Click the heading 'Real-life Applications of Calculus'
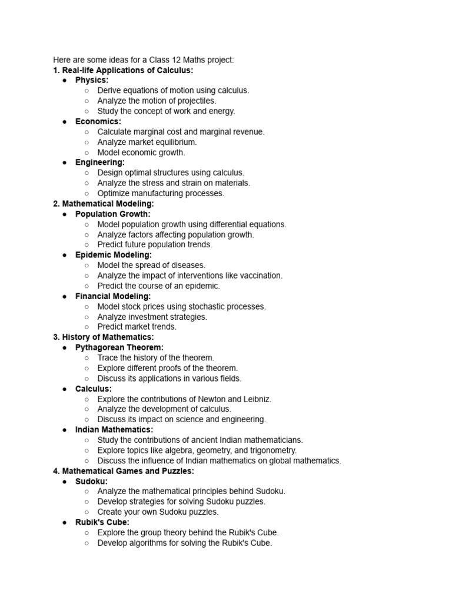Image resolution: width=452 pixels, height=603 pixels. (127, 70)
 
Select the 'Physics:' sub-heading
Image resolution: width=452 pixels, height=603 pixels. (92, 80)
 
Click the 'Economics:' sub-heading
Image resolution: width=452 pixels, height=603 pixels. (98, 121)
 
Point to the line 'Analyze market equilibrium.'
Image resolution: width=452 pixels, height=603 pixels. (147, 142)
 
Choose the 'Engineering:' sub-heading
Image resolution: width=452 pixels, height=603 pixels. (100, 162)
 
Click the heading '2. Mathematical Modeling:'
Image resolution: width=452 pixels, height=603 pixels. (104, 203)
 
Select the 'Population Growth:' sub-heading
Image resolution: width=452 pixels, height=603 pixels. (113, 214)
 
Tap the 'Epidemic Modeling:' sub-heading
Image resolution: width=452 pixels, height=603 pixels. (114, 255)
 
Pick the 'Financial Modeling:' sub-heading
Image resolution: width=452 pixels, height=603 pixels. (113, 296)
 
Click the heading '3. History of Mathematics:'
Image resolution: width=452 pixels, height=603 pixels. (104, 337)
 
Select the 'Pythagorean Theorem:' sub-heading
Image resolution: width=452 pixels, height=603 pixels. (119, 347)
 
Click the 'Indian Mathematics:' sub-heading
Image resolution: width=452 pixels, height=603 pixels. (114, 430)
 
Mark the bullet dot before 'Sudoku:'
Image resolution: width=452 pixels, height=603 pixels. (65, 481)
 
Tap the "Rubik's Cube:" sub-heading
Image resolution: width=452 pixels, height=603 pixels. (102, 522)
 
